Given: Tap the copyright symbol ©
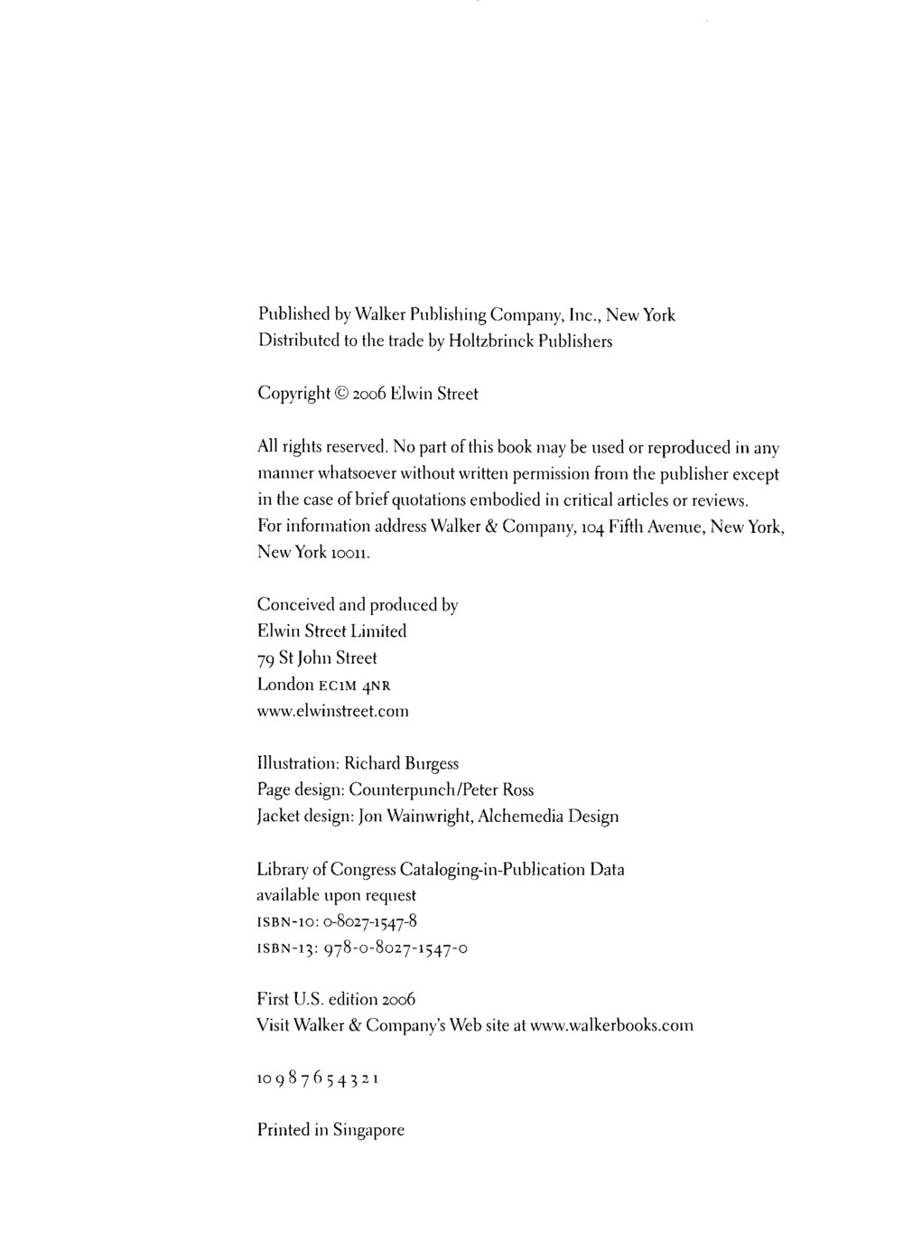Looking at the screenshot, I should [x=342, y=394].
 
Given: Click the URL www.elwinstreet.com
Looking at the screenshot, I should [x=333, y=711].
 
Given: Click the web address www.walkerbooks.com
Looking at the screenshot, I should [x=611, y=1025].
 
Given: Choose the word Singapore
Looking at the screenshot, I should [x=368, y=1130].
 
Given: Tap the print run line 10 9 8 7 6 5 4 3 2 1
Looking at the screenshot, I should [x=317, y=1078].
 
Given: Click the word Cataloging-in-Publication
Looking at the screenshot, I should [x=495, y=869].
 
